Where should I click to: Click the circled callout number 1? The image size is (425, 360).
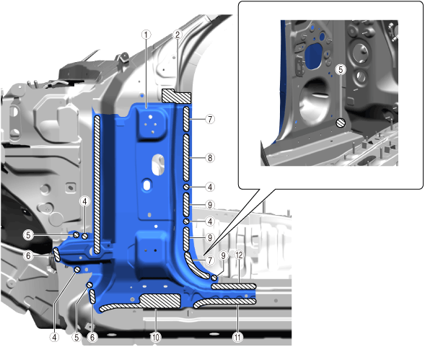(x=146, y=35)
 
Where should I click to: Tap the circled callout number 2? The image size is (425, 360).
(x=178, y=35)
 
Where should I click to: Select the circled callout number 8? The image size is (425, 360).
(x=210, y=158)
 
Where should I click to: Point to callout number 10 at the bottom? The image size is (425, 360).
(x=156, y=337)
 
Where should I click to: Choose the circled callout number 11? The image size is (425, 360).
(x=237, y=337)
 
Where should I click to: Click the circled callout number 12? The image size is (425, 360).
(x=239, y=255)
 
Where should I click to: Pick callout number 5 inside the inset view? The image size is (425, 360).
(x=341, y=70)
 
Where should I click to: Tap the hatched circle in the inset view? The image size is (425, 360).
(x=341, y=123)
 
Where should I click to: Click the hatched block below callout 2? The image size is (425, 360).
(x=177, y=96)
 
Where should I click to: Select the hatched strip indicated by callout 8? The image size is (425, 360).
(x=186, y=157)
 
